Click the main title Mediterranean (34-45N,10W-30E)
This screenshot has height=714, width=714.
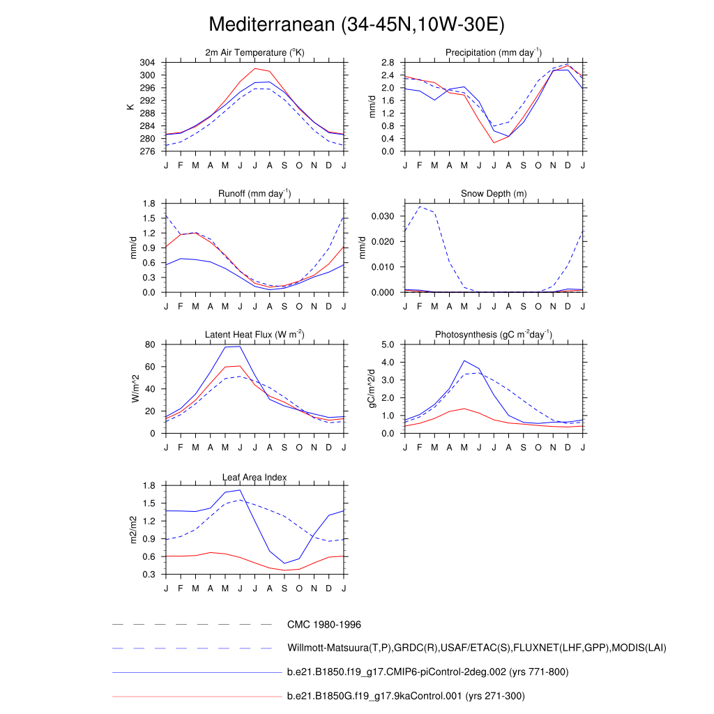pos(356,25)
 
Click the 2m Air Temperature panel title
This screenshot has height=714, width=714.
pos(255,53)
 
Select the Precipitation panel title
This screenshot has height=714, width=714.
pos(494,53)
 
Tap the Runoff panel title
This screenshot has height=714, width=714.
pos(255,194)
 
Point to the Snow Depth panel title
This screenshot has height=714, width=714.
pos(494,194)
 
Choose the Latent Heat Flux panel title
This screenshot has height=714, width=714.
pos(255,335)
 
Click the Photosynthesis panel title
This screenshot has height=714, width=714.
pos(494,335)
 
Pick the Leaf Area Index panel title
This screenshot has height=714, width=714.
pos(255,477)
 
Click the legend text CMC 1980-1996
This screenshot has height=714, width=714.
pos(324,625)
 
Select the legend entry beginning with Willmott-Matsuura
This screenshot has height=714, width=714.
pos(476,648)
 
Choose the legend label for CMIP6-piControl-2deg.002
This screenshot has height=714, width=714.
pos(427,672)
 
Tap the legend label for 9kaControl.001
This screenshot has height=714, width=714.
pos(405,696)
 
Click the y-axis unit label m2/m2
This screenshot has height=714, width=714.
pos(132,530)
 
